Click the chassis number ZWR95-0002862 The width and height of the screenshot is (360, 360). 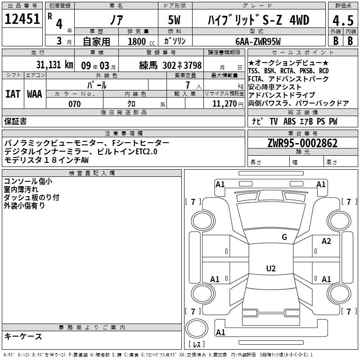302,144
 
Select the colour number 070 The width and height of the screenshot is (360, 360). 74,104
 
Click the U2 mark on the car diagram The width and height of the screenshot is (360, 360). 270,269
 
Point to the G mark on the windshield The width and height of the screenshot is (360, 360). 284,237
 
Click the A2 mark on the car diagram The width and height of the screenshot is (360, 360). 326,241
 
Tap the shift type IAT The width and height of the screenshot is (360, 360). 13,94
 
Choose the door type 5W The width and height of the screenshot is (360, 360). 175,21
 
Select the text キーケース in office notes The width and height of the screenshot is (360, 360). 23,336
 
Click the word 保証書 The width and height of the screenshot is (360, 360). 15,121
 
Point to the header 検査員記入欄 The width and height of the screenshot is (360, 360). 92,173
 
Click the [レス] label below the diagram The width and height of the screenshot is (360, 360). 196,345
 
